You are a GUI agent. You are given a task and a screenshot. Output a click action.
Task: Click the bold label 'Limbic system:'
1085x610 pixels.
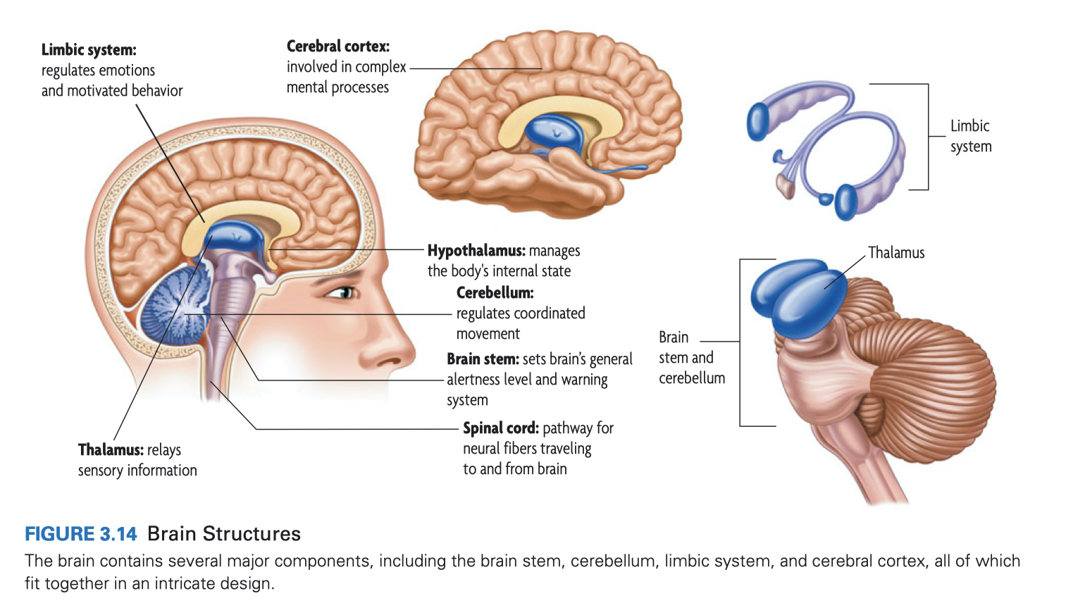coord(89,50)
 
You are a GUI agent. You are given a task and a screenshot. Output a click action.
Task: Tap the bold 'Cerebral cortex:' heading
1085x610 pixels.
coord(337,46)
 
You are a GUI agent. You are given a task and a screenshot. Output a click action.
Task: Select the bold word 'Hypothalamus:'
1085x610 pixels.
coord(476,251)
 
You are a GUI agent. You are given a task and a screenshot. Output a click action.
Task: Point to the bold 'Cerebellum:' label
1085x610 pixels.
coord(495,292)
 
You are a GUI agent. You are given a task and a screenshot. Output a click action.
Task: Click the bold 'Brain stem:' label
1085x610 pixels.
coord(483,359)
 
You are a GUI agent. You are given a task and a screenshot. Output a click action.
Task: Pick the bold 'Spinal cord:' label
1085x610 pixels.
coord(500,428)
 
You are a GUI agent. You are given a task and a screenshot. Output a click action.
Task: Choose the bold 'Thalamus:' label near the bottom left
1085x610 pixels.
coord(111,450)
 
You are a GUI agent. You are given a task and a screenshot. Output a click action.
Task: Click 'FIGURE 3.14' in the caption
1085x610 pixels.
coord(81,534)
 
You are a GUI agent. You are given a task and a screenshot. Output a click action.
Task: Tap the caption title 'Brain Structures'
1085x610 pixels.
coord(224,534)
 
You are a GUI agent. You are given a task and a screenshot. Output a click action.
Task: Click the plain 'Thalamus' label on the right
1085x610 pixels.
coord(895,253)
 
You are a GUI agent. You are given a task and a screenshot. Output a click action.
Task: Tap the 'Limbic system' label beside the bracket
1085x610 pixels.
coord(970,136)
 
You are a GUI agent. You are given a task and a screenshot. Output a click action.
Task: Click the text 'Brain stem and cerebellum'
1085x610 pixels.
coord(690,358)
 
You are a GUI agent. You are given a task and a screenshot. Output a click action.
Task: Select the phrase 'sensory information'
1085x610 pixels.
coord(137,471)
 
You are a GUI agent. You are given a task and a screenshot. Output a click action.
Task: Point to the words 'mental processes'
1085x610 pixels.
coord(337,87)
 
